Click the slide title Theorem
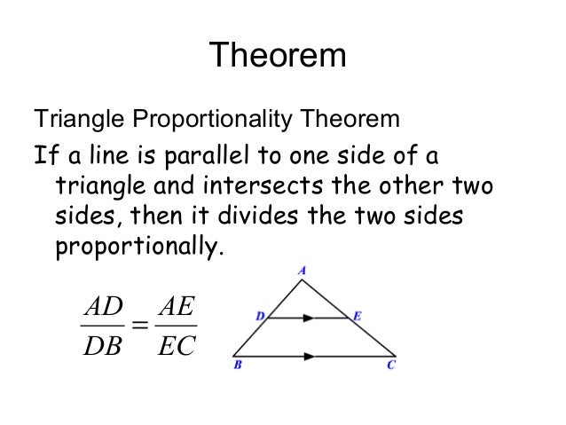(x=282, y=59)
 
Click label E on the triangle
(x=355, y=314)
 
